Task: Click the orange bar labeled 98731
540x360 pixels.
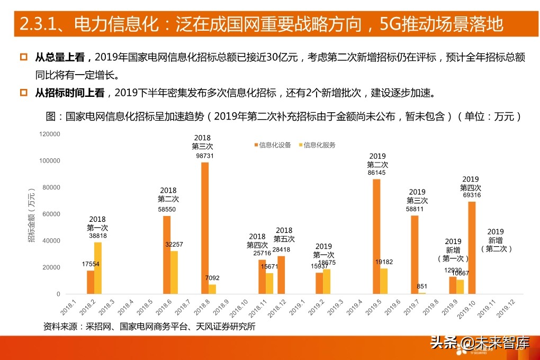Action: coord(205,228)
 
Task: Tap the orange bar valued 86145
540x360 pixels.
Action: coord(376,236)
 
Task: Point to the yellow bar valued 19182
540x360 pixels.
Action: coord(384,281)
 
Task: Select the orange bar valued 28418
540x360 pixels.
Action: coord(281,275)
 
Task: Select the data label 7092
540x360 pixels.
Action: coord(212,277)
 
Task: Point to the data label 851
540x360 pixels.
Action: coord(422,286)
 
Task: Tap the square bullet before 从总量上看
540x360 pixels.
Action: coord(23,57)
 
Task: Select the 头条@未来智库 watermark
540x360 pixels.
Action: coord(480,343)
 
